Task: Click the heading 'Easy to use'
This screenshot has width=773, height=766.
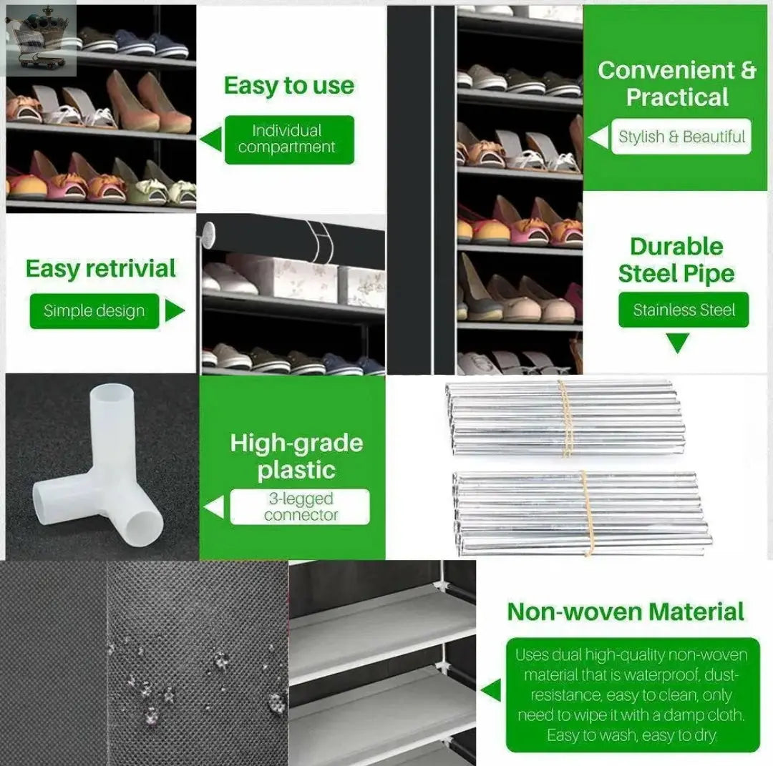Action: (289, 86)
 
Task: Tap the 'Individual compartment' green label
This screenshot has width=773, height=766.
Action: (289, 139)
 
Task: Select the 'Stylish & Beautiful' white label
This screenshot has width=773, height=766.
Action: (681, 137)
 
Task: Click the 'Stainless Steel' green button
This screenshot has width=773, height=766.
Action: (684, 310)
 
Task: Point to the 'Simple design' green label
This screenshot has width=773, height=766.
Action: (94, 311)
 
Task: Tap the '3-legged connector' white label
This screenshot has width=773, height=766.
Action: (300, 507)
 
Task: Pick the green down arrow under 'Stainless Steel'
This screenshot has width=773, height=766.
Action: (677, 343)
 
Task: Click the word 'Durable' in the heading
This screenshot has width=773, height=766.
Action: (676, 246)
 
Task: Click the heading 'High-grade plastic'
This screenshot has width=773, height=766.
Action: (296, 456)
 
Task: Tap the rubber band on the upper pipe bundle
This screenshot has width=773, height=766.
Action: (565, 418)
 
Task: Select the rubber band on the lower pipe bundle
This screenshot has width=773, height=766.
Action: (587, 514)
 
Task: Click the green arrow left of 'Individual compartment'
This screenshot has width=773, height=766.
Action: (211, 139)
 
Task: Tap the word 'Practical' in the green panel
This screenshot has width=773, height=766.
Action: (677, 97)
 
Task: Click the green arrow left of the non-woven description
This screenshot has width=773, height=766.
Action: (491, 690)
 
